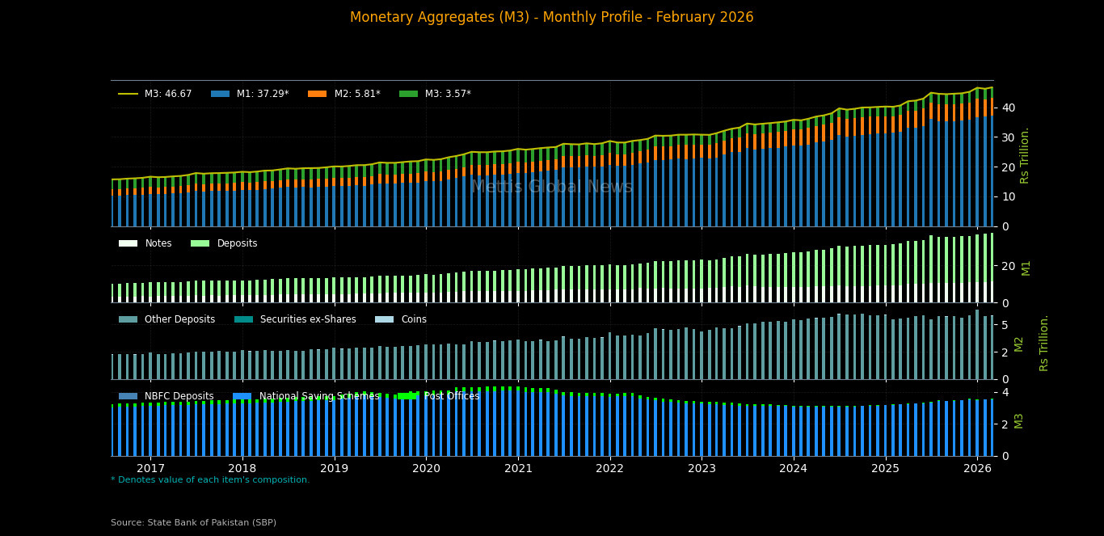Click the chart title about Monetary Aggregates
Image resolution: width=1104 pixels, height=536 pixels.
tap(552, 18)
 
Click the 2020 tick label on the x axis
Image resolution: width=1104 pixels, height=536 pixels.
tap(426, 469)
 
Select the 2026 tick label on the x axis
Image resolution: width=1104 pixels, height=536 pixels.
tap(977, 469)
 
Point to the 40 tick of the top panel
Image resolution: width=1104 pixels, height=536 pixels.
tap(1008, 108)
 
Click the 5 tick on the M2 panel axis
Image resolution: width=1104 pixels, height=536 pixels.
tap(1004, 325)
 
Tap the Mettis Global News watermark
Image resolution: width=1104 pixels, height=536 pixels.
tap(552, 187)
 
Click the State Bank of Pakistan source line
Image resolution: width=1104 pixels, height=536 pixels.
tap(193, 522)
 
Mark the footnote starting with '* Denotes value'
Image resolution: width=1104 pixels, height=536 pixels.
tap(210, 480)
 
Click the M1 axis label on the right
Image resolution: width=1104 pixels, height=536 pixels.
tap(1026, 268)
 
